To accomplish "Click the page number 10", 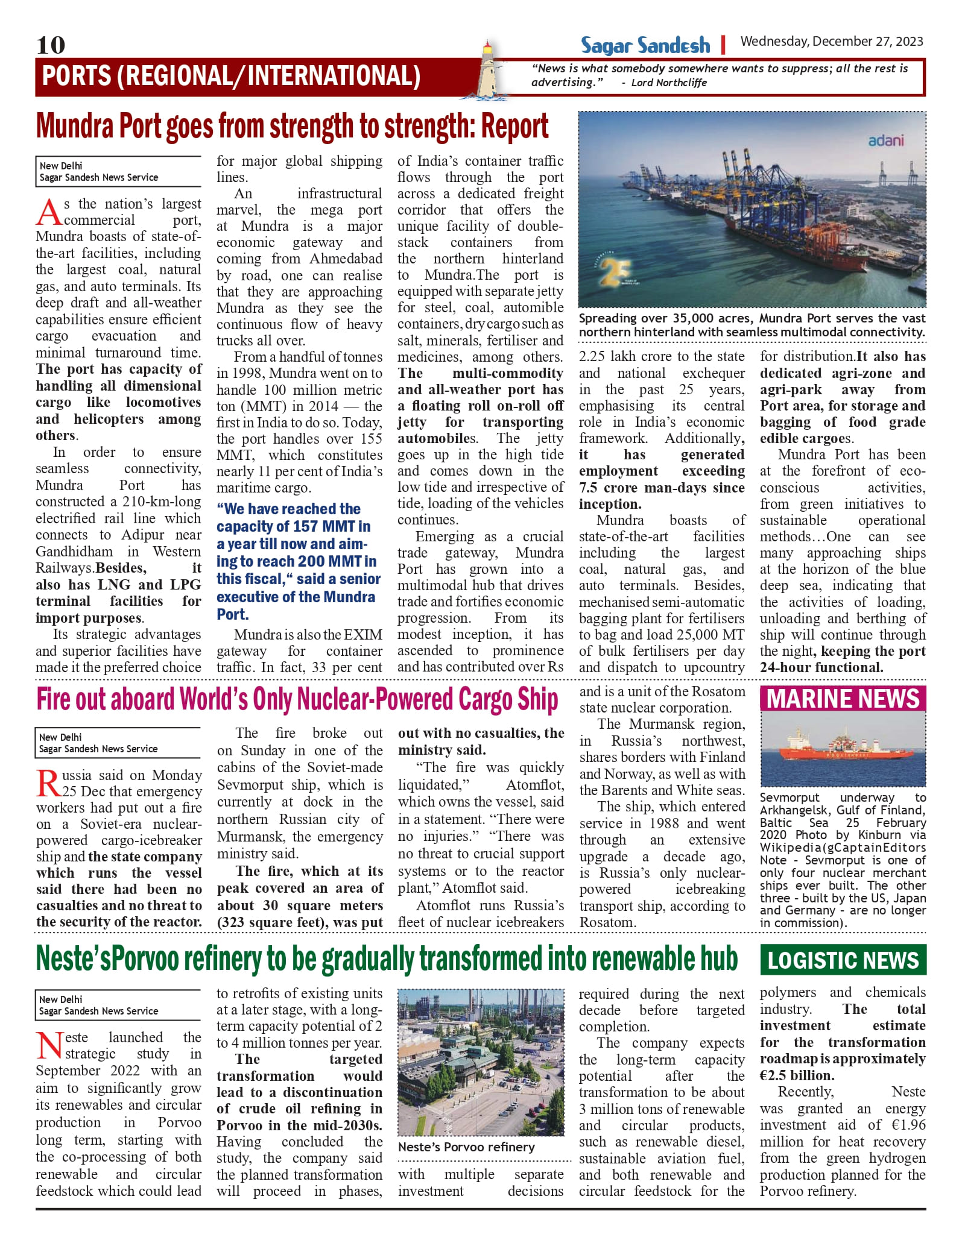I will pyautogui.click(x=51, y=45).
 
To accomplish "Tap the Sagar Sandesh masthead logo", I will pyautogui.click(x=645, y=45).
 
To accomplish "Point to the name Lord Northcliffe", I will pyautogui.click(x=669, y=83).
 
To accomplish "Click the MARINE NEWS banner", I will pyautogui.click(x=843, y=699).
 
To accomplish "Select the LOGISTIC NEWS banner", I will pyautogui.click(x=843, y=960).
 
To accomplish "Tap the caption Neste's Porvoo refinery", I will pyautogui.click(x=466, y=1147).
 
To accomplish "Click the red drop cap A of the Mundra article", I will pyautogui.click(x=48, y=212).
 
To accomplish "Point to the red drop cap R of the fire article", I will pyautogui.click(x=48, y=783).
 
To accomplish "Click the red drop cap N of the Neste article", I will pyautogui.click(x=49, y=1045).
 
